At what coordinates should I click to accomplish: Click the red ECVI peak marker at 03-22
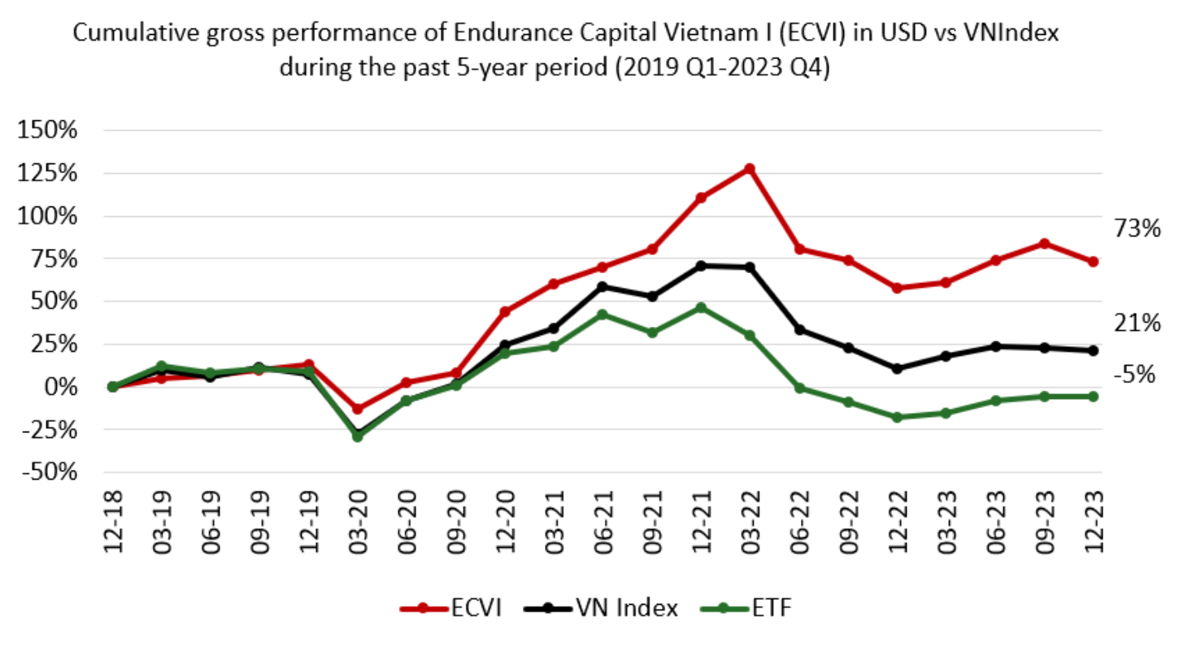[x=750, y=169]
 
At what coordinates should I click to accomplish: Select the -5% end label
[x=1136, y=375]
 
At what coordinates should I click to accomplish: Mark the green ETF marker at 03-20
[x=358, y=436]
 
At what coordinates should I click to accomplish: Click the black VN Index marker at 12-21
[x=701, y=266]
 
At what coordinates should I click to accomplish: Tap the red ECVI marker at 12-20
[x=505, y=311]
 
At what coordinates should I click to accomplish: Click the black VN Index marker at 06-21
[x=603, y=286]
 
